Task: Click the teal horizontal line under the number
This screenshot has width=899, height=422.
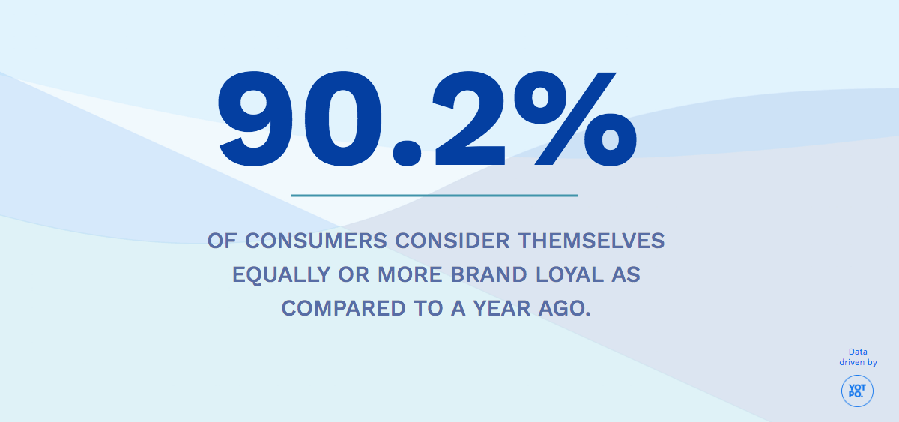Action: point(435,196)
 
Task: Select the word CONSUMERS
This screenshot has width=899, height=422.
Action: point(315,241)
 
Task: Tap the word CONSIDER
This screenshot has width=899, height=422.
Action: point(449,241)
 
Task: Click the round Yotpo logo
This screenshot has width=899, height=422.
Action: point(857,391)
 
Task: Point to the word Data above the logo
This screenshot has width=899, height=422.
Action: point(858,352)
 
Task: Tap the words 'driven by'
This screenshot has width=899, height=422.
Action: point(858,363)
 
